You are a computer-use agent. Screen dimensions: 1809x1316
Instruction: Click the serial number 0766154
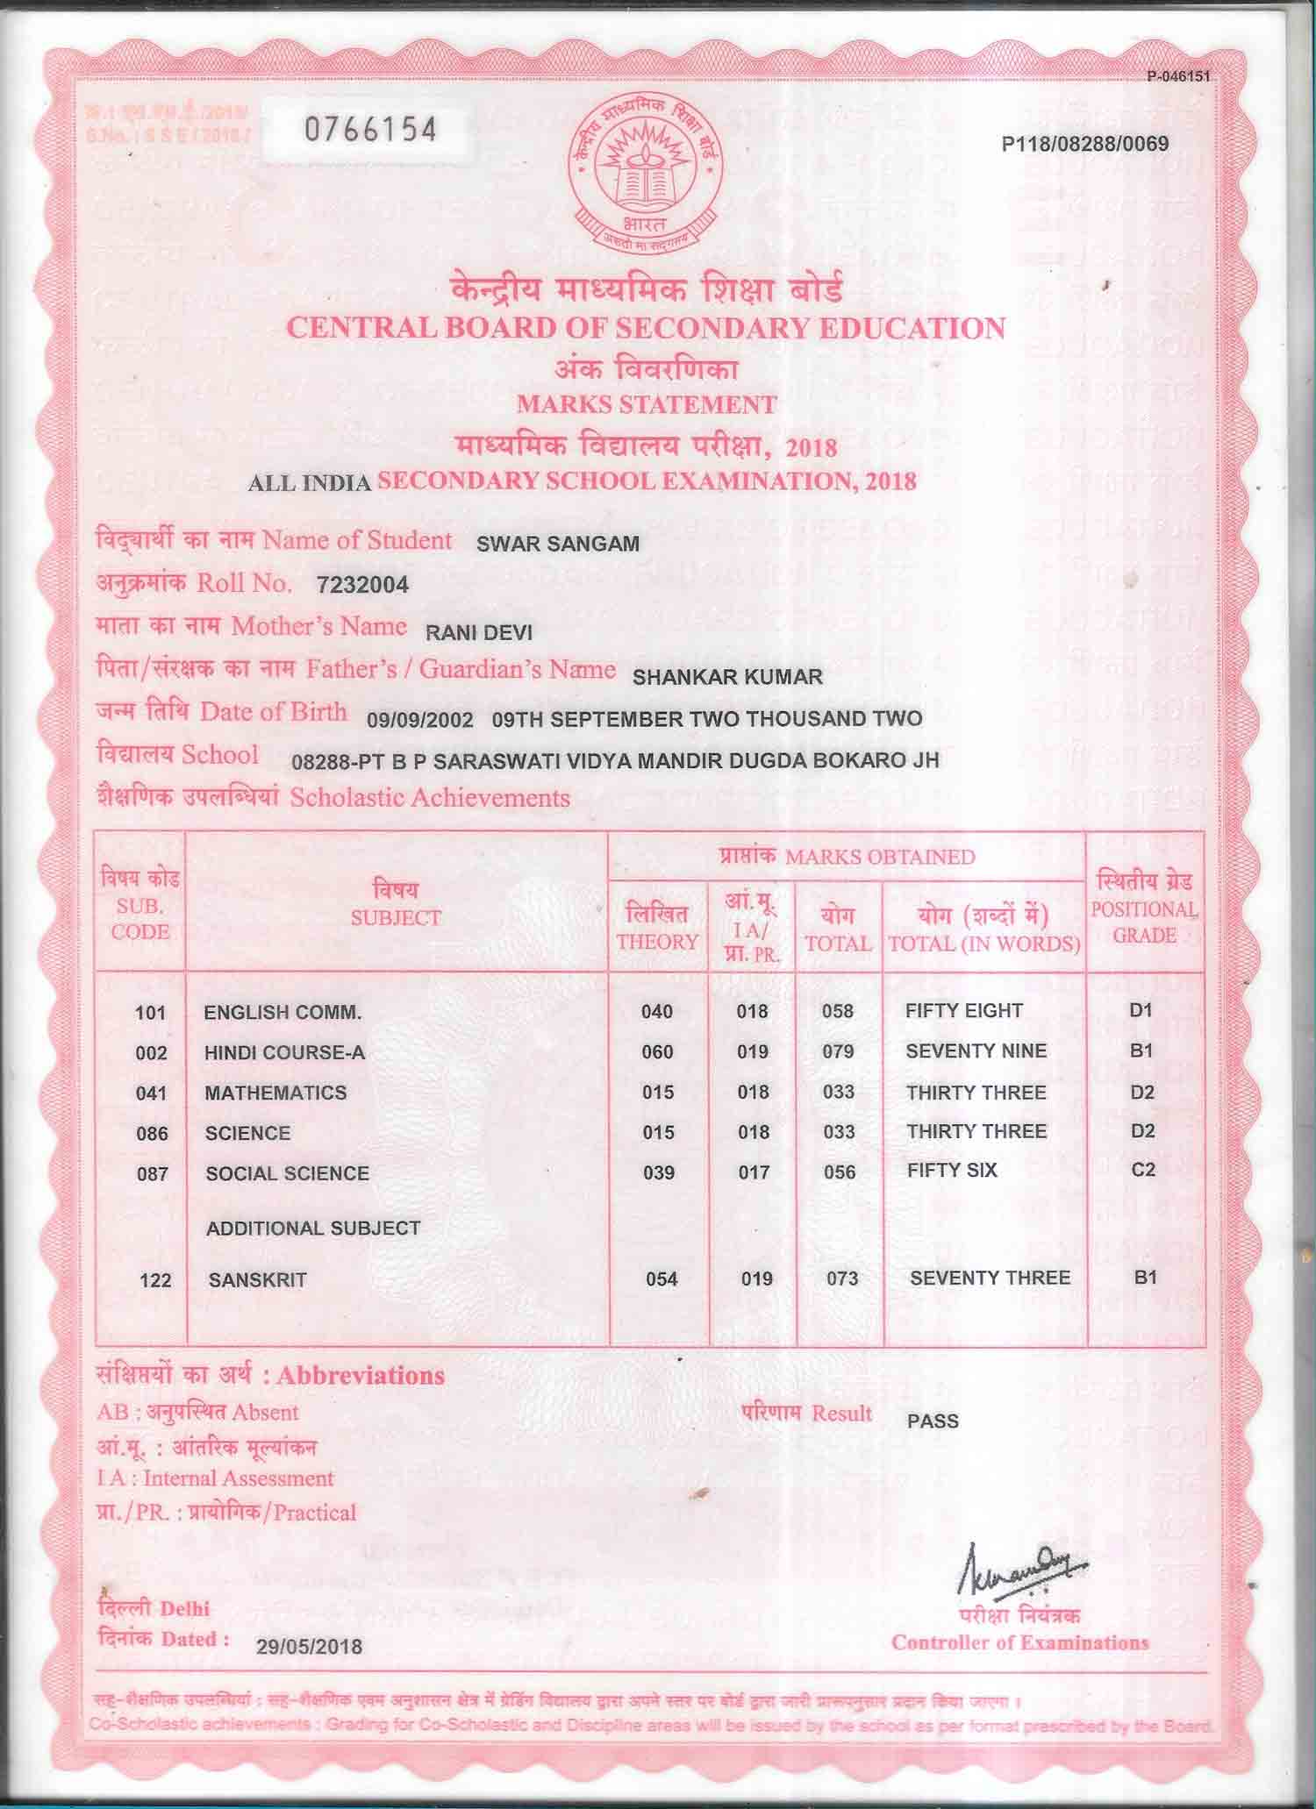click(x=369, y=131)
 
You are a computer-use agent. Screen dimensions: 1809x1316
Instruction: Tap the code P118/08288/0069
click(x=1084, y=144)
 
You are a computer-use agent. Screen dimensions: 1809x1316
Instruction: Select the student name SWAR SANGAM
click(x=557, y=544)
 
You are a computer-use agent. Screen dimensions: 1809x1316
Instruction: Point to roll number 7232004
click(x=362, y=586)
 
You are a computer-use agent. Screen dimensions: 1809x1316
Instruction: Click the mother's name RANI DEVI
click(x=478, y=632)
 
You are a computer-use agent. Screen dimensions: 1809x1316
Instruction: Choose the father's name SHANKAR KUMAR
click(x=727, y=677)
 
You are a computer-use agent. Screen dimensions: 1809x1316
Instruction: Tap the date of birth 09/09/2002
click(x=420, y=720)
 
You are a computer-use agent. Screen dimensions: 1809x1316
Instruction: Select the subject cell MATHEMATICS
click(x=275, y=1093)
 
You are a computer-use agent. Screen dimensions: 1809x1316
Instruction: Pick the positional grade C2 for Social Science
click(x=1143, y=1171)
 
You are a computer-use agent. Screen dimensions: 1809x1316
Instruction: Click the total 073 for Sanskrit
click(x=841, y=1278)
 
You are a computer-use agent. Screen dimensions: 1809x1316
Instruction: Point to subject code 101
click(x=150, y=1013)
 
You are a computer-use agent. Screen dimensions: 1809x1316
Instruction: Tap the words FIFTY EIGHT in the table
click(x=963, y=1011)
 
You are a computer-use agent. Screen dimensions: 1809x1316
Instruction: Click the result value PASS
click(x=933, y=1421)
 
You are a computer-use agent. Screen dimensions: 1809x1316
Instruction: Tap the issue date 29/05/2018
click(x=309, y=1647)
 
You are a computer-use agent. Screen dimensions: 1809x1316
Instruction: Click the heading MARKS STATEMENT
click(x=647, y=405)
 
